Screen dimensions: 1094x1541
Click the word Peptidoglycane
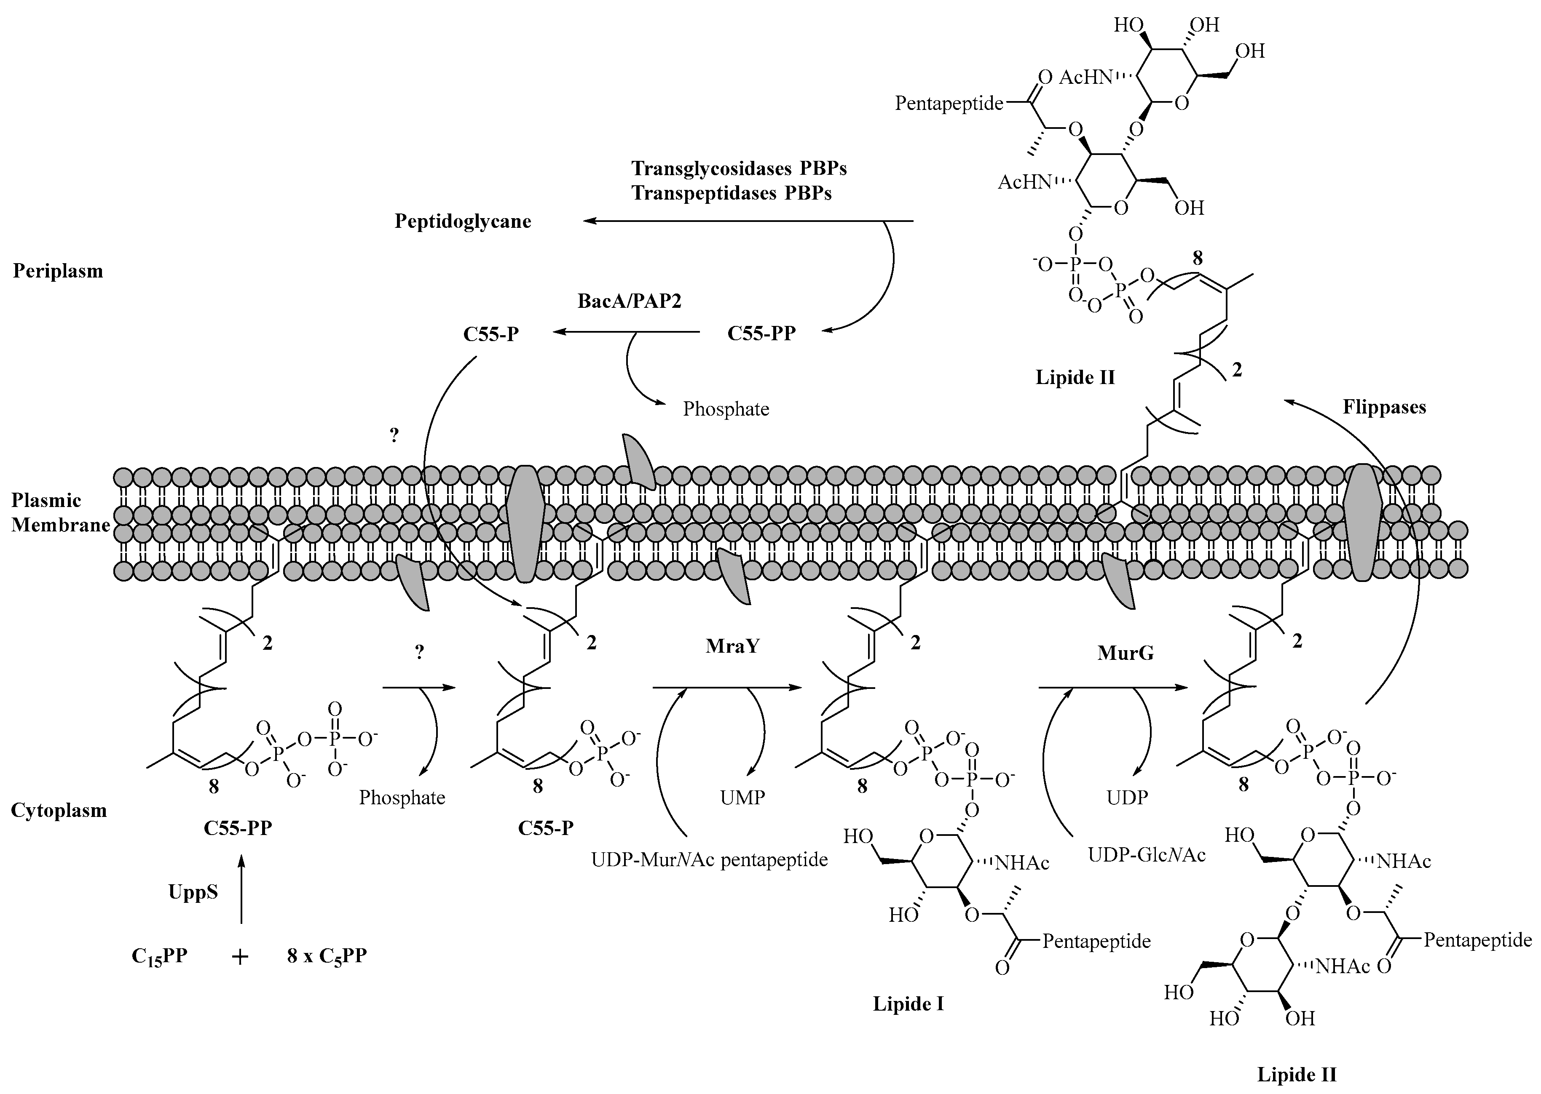462,221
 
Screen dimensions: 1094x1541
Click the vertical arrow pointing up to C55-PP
241,889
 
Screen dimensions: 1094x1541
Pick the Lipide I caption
908,1004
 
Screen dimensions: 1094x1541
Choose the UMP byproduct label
742,798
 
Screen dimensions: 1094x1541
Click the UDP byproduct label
1127,798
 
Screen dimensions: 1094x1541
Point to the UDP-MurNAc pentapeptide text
709,859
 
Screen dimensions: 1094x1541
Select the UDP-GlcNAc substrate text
1146,855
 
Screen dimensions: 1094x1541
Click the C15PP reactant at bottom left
159,957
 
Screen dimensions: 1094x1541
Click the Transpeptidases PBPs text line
732,193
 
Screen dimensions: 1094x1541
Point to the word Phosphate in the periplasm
726,409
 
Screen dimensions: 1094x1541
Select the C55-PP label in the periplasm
761,334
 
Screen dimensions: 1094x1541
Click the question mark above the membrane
394,435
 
